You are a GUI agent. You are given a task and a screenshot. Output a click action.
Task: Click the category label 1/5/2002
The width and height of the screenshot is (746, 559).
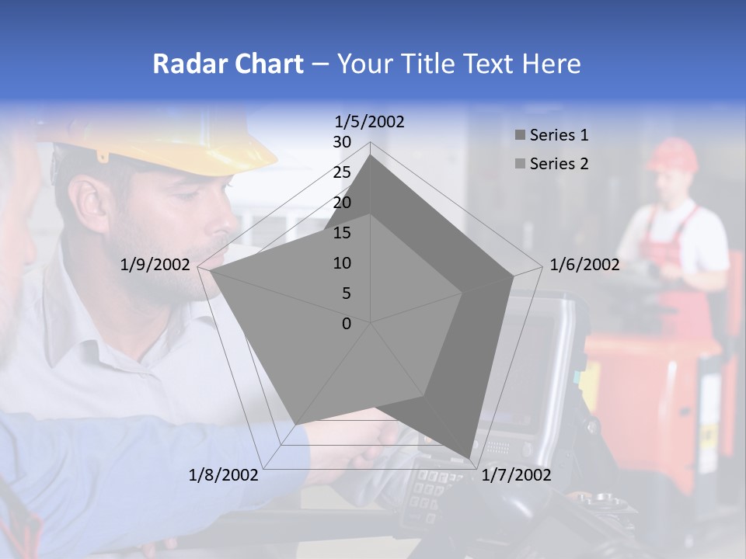point(370,122)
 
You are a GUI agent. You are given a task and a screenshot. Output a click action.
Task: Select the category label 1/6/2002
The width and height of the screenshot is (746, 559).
point(584,266)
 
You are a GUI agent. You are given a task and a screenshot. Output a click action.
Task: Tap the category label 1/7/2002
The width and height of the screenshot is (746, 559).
point(517,475)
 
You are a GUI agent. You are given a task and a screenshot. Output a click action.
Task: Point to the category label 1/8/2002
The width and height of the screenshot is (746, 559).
point(224,475)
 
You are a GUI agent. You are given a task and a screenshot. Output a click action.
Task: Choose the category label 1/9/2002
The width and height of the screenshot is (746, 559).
point(155,266)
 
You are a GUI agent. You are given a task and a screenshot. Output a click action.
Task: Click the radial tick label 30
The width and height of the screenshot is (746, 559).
point(342,142)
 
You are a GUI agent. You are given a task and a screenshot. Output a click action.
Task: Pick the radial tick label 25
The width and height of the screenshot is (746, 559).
point(342,172)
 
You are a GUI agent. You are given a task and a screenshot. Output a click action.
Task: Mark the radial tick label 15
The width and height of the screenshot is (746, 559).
point(342,233)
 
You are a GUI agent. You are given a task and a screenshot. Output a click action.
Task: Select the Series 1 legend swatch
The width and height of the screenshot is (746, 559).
point(520,136)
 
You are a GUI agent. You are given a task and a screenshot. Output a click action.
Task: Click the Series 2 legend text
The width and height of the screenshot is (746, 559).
point(559,164)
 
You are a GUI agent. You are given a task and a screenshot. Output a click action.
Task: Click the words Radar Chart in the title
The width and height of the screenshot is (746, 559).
point(228,64)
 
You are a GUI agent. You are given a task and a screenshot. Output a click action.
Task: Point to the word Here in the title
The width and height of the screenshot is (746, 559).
point(551,64)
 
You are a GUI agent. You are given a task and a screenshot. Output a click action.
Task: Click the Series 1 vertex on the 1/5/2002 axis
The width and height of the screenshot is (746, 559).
point(371,155)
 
